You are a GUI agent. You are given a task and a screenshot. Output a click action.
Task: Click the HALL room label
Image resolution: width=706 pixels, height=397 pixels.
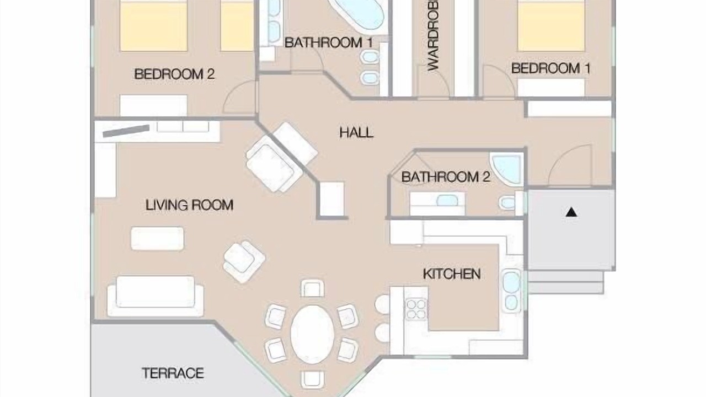pos(356,133)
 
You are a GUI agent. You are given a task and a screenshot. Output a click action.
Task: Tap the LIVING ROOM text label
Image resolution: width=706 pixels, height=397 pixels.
pos(189,205)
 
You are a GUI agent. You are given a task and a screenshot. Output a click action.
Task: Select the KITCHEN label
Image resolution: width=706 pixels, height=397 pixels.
pos(452,274)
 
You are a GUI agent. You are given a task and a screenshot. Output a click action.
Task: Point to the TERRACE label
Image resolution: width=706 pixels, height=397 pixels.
pos(173,373)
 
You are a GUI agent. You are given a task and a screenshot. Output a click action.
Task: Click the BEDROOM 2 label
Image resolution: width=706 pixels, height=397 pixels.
pos(174,74)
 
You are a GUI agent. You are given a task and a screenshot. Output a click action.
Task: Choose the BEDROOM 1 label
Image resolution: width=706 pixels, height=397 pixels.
pos(550,68)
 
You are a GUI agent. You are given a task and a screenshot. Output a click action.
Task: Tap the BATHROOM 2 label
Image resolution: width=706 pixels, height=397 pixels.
pos(446,177)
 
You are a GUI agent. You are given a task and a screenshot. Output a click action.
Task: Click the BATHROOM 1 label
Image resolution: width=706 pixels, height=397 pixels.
pos(329,42)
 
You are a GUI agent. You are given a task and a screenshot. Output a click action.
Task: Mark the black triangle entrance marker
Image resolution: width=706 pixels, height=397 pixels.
pos(571,212)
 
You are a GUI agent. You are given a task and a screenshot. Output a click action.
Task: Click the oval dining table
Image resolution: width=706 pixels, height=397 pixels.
pos(312,334)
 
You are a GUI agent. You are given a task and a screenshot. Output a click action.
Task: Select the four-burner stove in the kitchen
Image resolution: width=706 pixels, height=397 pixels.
pos(416,309)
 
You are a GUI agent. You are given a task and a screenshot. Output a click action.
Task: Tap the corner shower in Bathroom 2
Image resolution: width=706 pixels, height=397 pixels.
pos(506,169)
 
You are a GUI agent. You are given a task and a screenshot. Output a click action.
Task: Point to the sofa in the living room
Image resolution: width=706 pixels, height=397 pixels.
pos(156,296)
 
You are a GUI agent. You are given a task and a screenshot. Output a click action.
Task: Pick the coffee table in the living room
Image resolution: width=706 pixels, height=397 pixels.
pos(157,239)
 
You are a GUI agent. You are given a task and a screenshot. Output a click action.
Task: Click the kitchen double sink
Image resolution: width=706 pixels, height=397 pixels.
pos(511,291)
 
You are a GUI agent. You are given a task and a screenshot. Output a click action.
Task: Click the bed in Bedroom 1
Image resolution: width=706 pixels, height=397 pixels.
pos(551,25)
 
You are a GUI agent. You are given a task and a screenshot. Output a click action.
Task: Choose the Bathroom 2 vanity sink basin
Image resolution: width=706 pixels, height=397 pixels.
pos(447,200)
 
